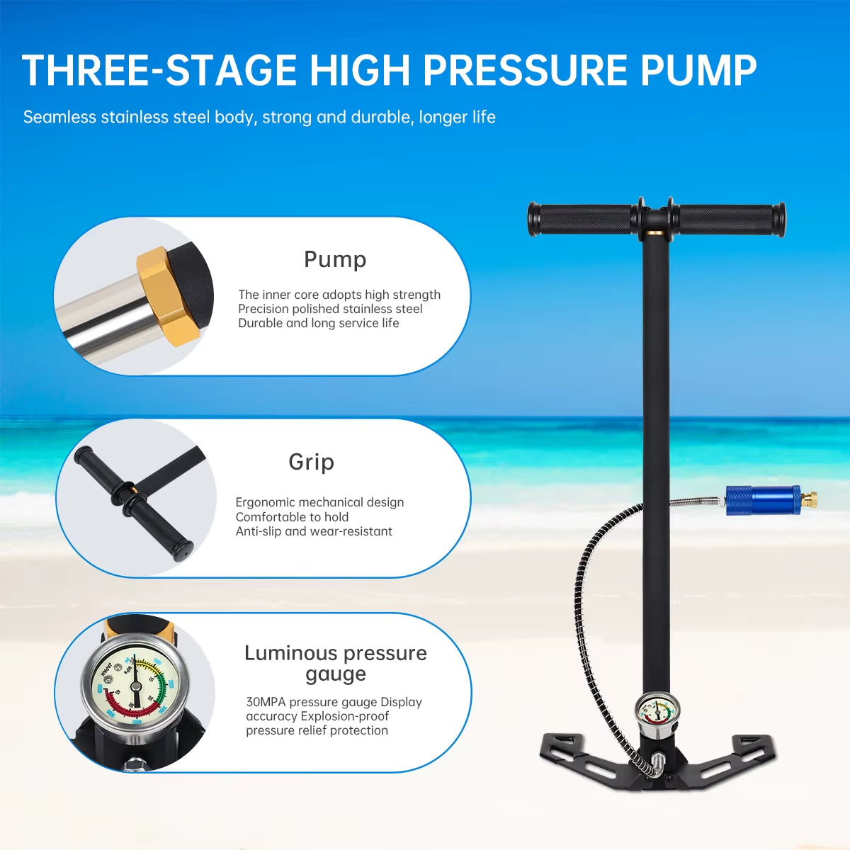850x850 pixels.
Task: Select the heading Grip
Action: coord(311,462)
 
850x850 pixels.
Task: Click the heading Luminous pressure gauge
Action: coord(335,663)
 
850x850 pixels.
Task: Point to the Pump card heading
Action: coord(335,259)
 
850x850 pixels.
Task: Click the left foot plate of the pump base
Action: coord(577,754)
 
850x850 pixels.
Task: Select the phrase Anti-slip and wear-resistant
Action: coord(314,531)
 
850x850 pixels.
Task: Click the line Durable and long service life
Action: coord(319,323)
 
